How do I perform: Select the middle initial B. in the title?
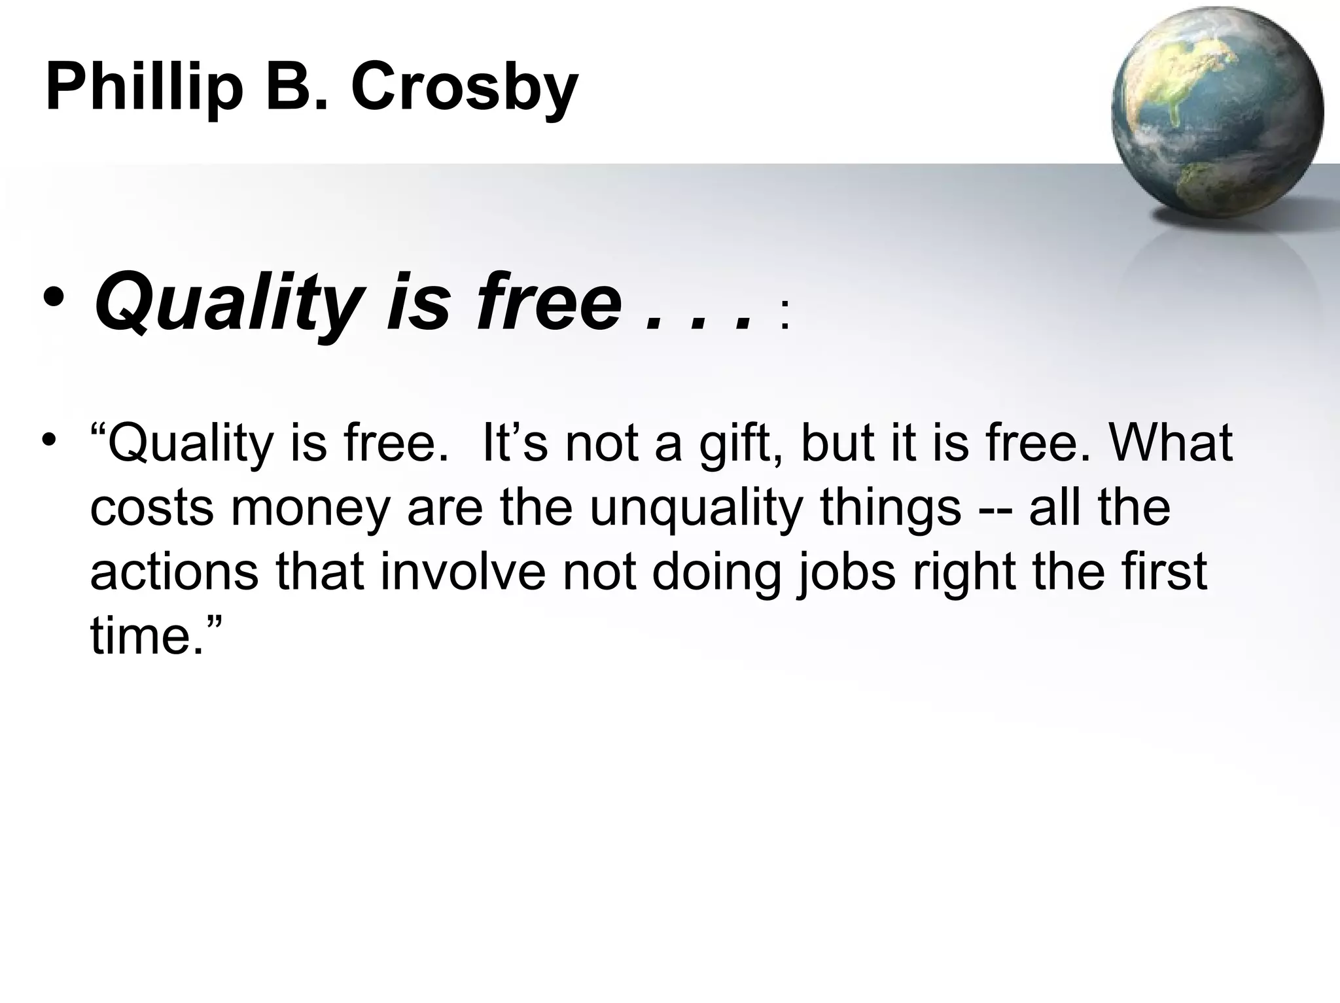coord(296,88)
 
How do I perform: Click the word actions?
coord(174,572)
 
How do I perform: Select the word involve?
coord(462,572)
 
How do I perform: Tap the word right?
coord(964,573)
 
